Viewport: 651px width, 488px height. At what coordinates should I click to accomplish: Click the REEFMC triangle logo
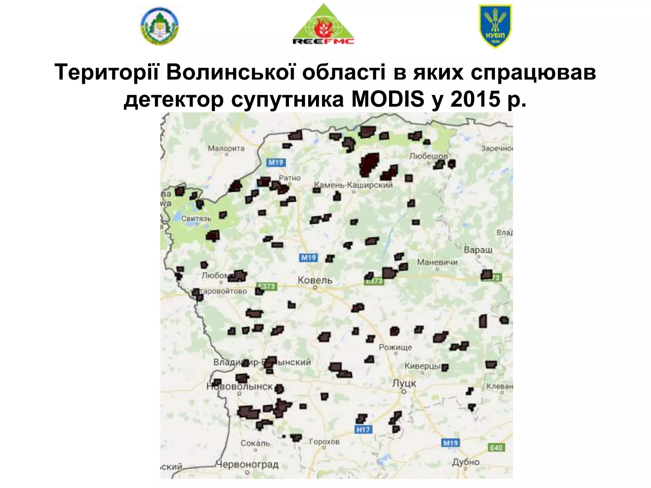[323, 25]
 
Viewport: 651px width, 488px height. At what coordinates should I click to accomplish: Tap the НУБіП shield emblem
[495, 26]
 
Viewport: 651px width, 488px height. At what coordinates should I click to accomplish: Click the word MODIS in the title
[388, 99]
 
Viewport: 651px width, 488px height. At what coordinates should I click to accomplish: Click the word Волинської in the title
[232, 72]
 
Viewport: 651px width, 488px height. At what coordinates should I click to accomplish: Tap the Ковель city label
[315, 280]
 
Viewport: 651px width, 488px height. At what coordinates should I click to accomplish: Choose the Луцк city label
[404, 383]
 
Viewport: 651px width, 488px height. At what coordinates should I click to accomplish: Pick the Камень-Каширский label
[353, 185]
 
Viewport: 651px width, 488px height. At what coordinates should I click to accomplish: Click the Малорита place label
[226, 148]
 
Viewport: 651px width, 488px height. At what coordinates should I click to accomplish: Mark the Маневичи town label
[437, 262]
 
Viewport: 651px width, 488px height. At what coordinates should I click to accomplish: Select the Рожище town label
[395, 347]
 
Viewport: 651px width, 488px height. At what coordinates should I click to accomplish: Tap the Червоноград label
[247, 464]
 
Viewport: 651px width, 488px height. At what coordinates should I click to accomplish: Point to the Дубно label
[466, 462]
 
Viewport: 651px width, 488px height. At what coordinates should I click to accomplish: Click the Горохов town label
[324, 441]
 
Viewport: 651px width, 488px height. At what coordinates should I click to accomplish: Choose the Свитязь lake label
[196, 219]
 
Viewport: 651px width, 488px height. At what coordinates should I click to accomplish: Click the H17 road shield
[363, 430]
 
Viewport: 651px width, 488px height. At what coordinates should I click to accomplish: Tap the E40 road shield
[496, 448]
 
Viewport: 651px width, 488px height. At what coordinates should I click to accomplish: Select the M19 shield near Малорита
[276, 163]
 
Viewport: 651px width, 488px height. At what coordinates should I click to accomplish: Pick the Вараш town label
[478, 250]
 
